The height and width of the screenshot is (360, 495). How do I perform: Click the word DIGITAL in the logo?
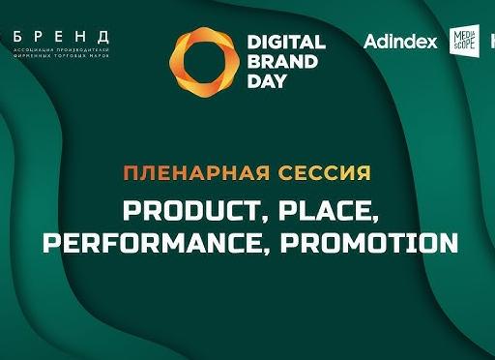coord(287,42)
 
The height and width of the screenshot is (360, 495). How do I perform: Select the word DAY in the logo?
coord(268,80)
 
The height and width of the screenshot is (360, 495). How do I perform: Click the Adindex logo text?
coord(400,43)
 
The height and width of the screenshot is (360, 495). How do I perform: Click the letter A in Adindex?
coord(371,43)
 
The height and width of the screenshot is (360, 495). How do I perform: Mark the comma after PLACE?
coord(371,219)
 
